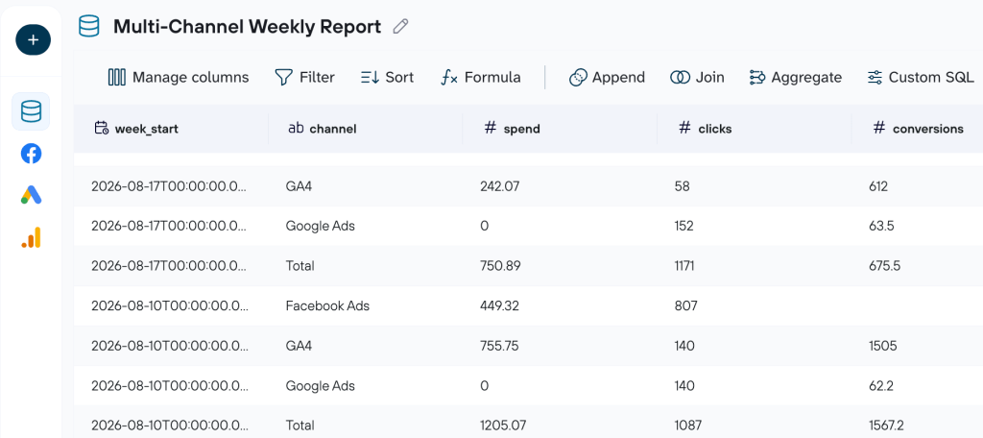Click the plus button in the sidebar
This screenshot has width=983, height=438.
[x=34, y=40]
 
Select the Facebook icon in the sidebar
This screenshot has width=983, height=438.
[x=31, y=153]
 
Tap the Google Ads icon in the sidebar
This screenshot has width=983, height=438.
[x=31, y=195]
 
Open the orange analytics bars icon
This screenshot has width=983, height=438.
[x=31, y=237]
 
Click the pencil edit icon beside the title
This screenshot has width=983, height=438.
[x=400, y=26]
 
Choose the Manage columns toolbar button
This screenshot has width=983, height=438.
[x=179, y=77]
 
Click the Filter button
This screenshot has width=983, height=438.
[x=304, y=77]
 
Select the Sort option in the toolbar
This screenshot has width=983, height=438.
[x=388, y=77]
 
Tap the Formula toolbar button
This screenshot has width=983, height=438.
[x=481, y=77]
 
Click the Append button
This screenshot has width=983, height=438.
[x=607, y=77]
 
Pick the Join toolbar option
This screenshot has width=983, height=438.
[x=697, y=77]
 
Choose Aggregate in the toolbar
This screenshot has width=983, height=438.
[x=796, y=77]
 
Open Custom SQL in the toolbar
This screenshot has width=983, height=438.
[x=921, y=77]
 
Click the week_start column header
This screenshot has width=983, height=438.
[x=136, y=129]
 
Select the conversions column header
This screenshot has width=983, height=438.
[x=919, y=129]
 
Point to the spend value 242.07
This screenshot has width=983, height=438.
[x=499, y=185]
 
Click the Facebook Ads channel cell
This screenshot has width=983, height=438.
[x=327, y=306]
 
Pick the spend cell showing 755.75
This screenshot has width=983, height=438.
[x=499, y=346]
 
